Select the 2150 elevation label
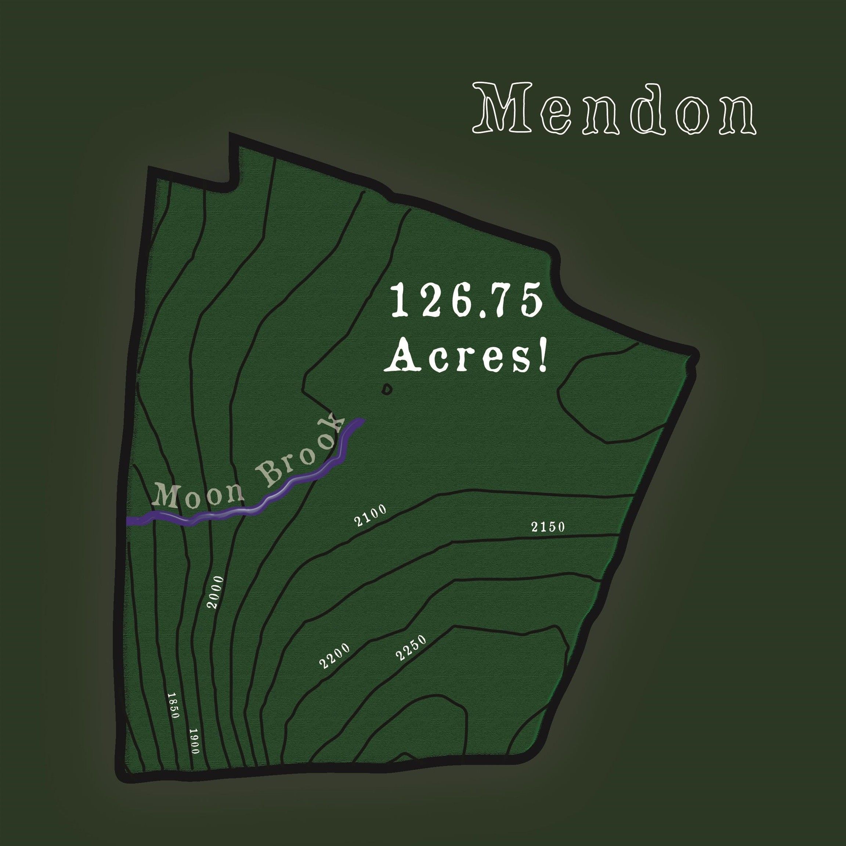pos(548,527)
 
